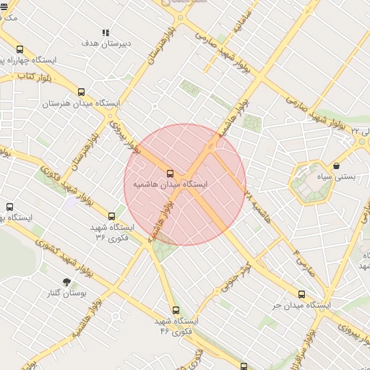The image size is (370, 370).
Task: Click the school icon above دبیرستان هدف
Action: (106, 33)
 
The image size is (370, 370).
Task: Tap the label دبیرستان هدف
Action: (106, 43)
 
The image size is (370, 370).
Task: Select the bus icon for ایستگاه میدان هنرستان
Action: (81, 92)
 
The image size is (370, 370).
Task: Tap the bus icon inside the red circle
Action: (171, 173)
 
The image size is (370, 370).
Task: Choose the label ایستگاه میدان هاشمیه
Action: (170, 185)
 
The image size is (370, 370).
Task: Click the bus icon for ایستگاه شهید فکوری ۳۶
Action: (111, 216)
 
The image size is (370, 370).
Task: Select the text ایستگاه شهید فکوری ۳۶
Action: (111, 232)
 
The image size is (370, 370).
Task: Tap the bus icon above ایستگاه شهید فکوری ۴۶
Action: (176, 310)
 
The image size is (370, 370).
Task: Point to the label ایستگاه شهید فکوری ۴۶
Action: (176, 325)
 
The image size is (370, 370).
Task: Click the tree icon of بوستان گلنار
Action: (67, 282)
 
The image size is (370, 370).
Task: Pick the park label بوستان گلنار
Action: (67, 293)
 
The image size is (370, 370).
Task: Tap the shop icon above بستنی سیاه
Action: (337, 166)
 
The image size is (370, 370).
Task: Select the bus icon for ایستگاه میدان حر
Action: (302, 294)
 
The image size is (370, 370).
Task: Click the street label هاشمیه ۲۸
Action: (257, 206)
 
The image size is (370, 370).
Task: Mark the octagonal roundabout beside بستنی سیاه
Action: (311, 183)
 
